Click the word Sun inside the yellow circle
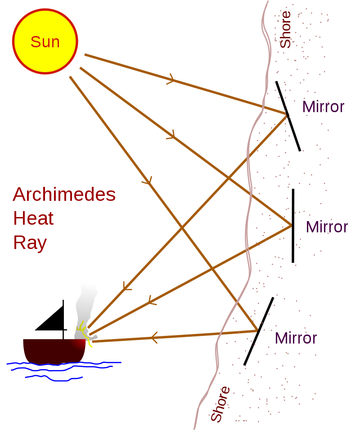coord(45,42)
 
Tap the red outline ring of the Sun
coord(45,10)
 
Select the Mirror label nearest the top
coord(323,107)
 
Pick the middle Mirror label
coord(327,227)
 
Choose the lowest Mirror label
coord(296,338)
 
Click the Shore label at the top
coord(286,30)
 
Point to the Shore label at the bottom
coord(220,404)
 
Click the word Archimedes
coord(64,195)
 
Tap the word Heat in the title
coord(33,219)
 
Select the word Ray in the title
coord(30,243)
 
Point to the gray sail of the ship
coord(85,306)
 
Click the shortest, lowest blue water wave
coord(54,378)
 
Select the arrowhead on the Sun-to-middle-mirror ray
coord(171,134)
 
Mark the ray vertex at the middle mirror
coord(291,224)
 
